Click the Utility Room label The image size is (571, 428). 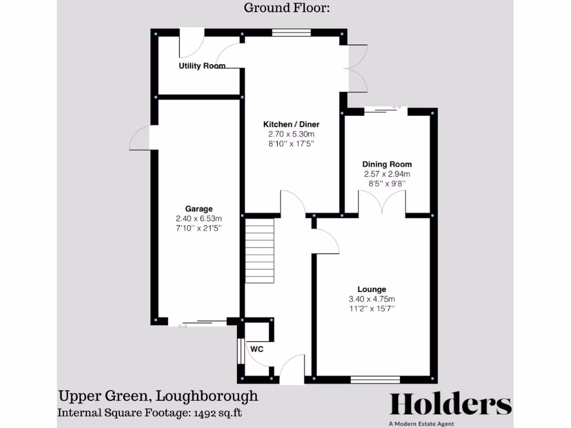tap(202, 66)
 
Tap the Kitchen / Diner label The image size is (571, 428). tap(292, 124)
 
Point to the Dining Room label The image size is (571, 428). tap(387, 164)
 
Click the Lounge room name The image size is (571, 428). tap(372, 289)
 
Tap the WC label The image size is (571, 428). tap(257, 349)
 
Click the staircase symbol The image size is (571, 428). tap(260, 251)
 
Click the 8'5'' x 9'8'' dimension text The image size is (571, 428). tap(387, 183)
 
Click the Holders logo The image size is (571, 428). tap(450, 404)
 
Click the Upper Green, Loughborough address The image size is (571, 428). tap(158, 396)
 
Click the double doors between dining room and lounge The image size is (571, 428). tap(382, 202)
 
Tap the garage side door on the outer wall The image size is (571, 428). tap(141, 138)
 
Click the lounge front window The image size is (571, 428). tap(375, 380)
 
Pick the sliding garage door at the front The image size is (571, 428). tap(198, 323)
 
